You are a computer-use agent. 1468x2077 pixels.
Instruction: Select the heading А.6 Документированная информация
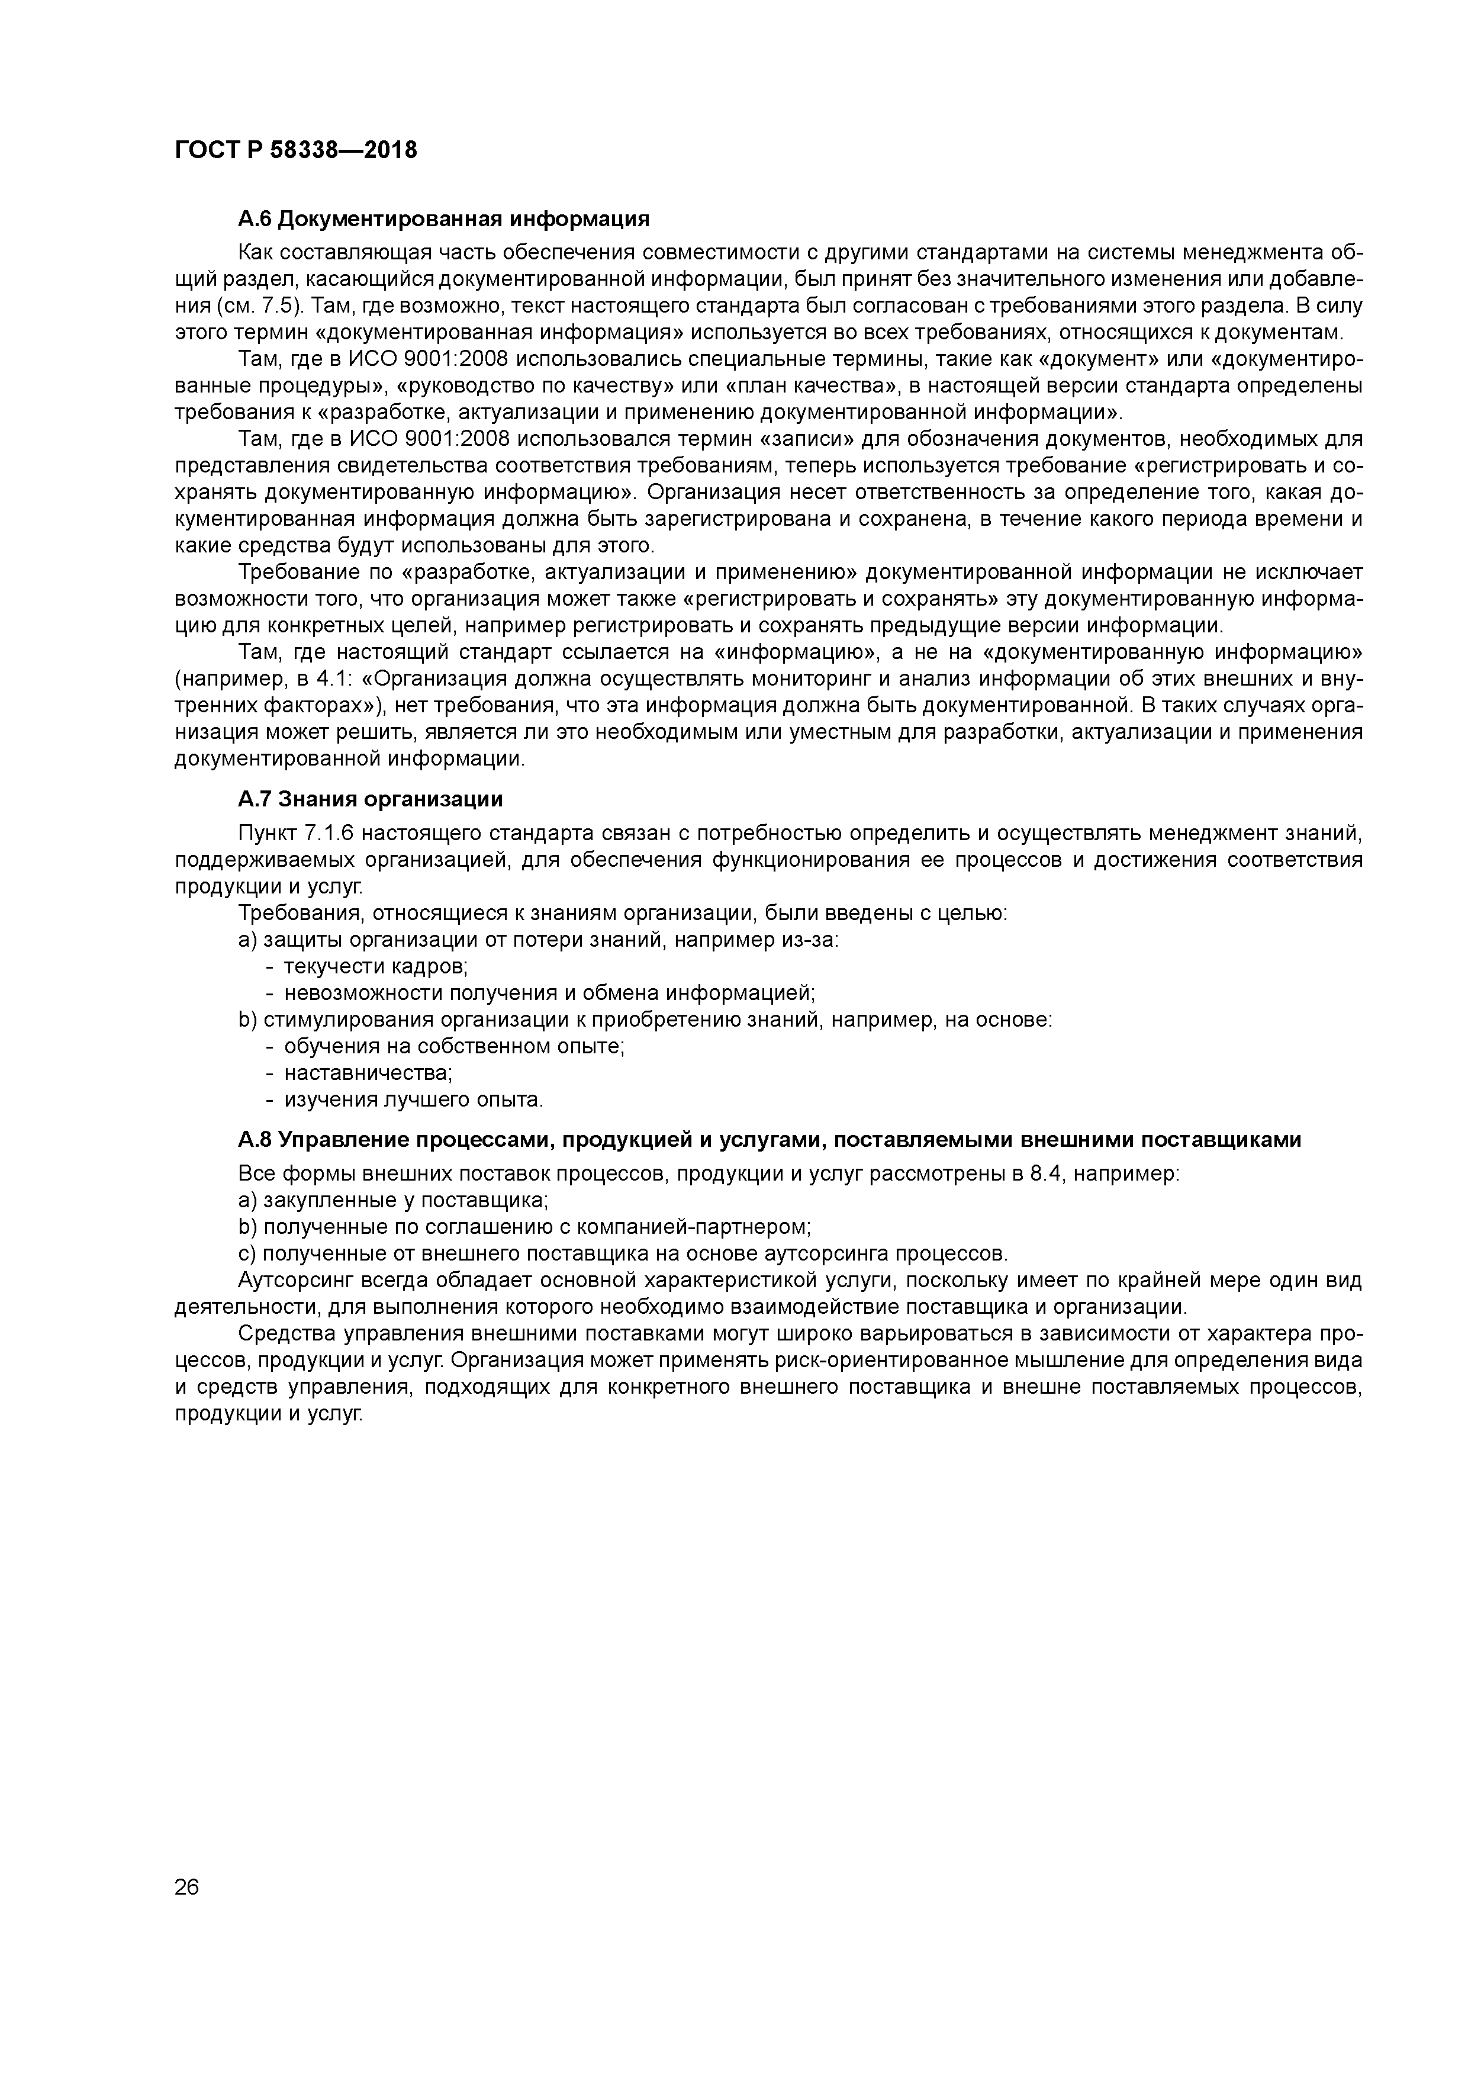coord(443,219)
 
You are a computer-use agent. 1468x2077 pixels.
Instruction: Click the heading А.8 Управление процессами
coord(769,1140)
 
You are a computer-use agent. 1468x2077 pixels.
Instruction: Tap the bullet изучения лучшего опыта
coord(413,1100)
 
